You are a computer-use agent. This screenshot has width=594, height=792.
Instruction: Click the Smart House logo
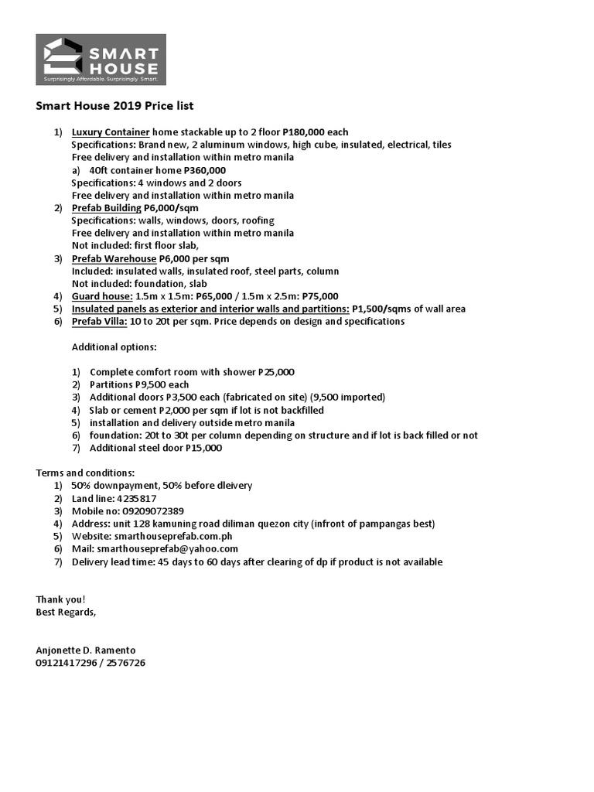point(101,60)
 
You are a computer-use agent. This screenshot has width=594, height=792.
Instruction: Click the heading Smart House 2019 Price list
point(120,105)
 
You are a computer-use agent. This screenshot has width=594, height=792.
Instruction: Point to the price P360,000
point(204,170)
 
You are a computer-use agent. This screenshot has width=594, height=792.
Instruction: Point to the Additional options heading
point(114,346)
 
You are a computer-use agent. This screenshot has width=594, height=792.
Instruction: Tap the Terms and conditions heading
point(85,473)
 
